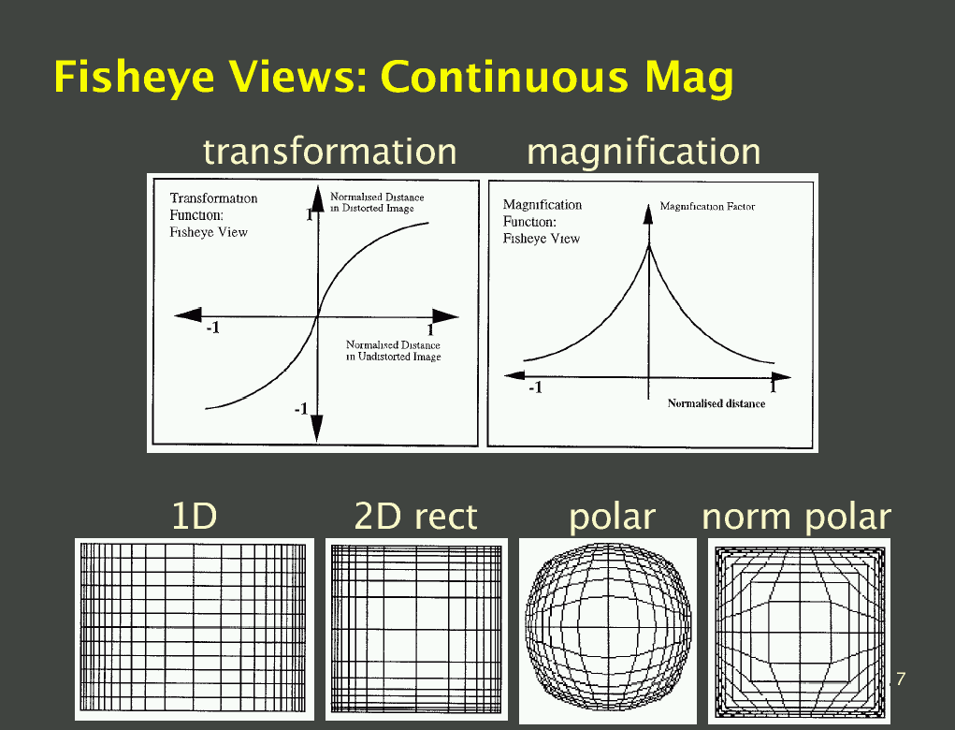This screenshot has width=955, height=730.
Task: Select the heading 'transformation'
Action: tap(329, 151)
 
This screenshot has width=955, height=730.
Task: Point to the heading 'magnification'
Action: tap(644, 151)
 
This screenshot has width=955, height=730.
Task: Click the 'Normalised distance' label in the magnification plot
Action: tap(716, 403)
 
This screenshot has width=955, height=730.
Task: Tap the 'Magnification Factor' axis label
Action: tap(708, 207)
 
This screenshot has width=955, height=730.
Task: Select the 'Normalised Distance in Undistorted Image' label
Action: tap(394, 351)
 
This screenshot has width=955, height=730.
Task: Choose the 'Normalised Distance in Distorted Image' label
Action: tap(377, 202)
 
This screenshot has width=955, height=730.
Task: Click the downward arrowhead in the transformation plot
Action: tap(317, 428)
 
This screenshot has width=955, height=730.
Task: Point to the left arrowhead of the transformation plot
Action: tap(188, 315)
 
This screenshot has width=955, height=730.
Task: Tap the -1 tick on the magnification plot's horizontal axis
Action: tap(535, 387)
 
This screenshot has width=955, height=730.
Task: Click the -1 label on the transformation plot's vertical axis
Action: tap(301, 409)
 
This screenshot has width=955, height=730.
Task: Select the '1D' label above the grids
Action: tap(195, 516)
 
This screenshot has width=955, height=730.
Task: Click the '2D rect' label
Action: tap(416, 516)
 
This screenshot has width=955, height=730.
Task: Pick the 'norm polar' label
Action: tap(797, 517)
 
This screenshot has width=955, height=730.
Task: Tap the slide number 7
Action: tap(901, 679)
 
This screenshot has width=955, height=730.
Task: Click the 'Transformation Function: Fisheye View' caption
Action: tap(213, 215)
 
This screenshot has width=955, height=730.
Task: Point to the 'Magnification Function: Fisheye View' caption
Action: tap(543, 222)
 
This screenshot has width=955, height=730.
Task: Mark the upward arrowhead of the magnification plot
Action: tap(648, 214)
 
